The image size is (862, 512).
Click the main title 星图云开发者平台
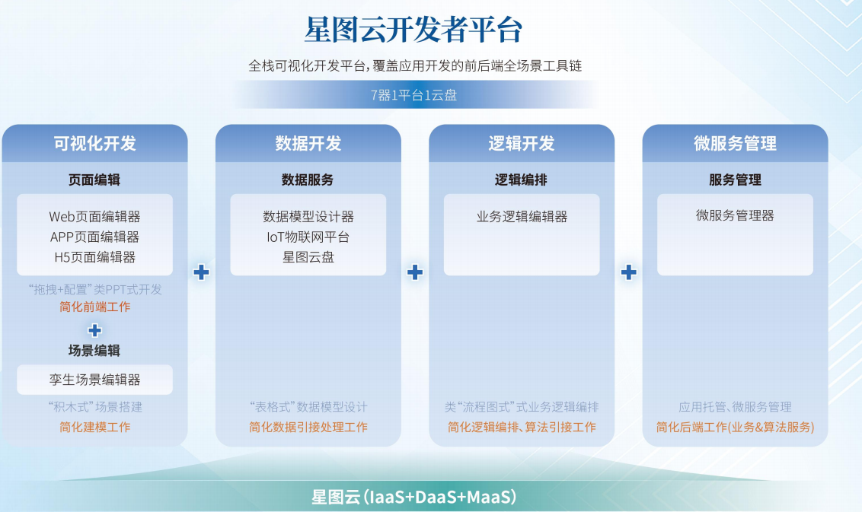pos(413,31)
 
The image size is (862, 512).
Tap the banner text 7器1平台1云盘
pos(413,95)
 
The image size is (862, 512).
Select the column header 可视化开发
pos(94,143)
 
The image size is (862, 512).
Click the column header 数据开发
pos(308,143)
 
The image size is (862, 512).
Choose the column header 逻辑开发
pos(521,143)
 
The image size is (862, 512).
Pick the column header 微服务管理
pos(735,143)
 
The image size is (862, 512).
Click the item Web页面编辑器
pos(94,217)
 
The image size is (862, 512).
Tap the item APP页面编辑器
pos(94,237)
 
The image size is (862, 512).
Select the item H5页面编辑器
pos(94,257)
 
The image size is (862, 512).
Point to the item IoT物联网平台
pos(308,237)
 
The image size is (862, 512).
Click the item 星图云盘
pos(308,257)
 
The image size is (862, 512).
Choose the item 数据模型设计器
pos(308,217)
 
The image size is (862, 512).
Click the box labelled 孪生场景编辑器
pos(94,379)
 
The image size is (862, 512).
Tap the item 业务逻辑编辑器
pos(522,217)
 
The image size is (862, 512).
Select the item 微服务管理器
pos(735,216)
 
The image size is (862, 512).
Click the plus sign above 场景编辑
pos(94,329)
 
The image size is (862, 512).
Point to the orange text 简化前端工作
pos(94,307)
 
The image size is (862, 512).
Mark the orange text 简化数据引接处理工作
pos(308,427)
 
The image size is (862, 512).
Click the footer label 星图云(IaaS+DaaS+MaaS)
pos(413,498)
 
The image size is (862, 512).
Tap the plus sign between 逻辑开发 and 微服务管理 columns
pos(628,272)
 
